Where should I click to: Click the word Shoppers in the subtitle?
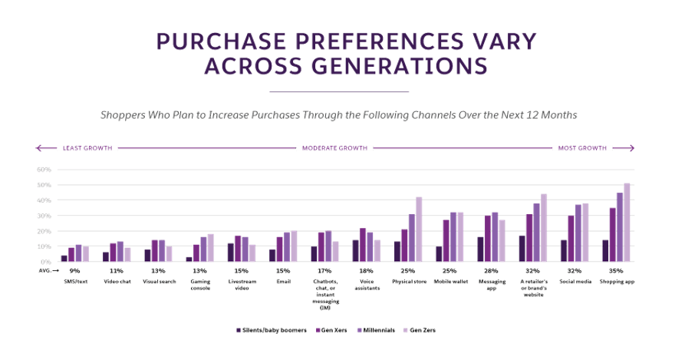[123, 115]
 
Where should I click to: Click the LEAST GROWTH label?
[87, 147]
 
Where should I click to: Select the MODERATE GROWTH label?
[334, 147]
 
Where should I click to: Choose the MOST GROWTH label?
[581, 147]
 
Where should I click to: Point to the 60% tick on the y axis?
[43, 170]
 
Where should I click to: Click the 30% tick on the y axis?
[43, 216]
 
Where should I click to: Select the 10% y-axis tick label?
[43, 246]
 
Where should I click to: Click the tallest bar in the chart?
[627, 223]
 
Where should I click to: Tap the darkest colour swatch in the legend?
[239, 330]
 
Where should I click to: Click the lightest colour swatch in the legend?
[408, 330]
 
